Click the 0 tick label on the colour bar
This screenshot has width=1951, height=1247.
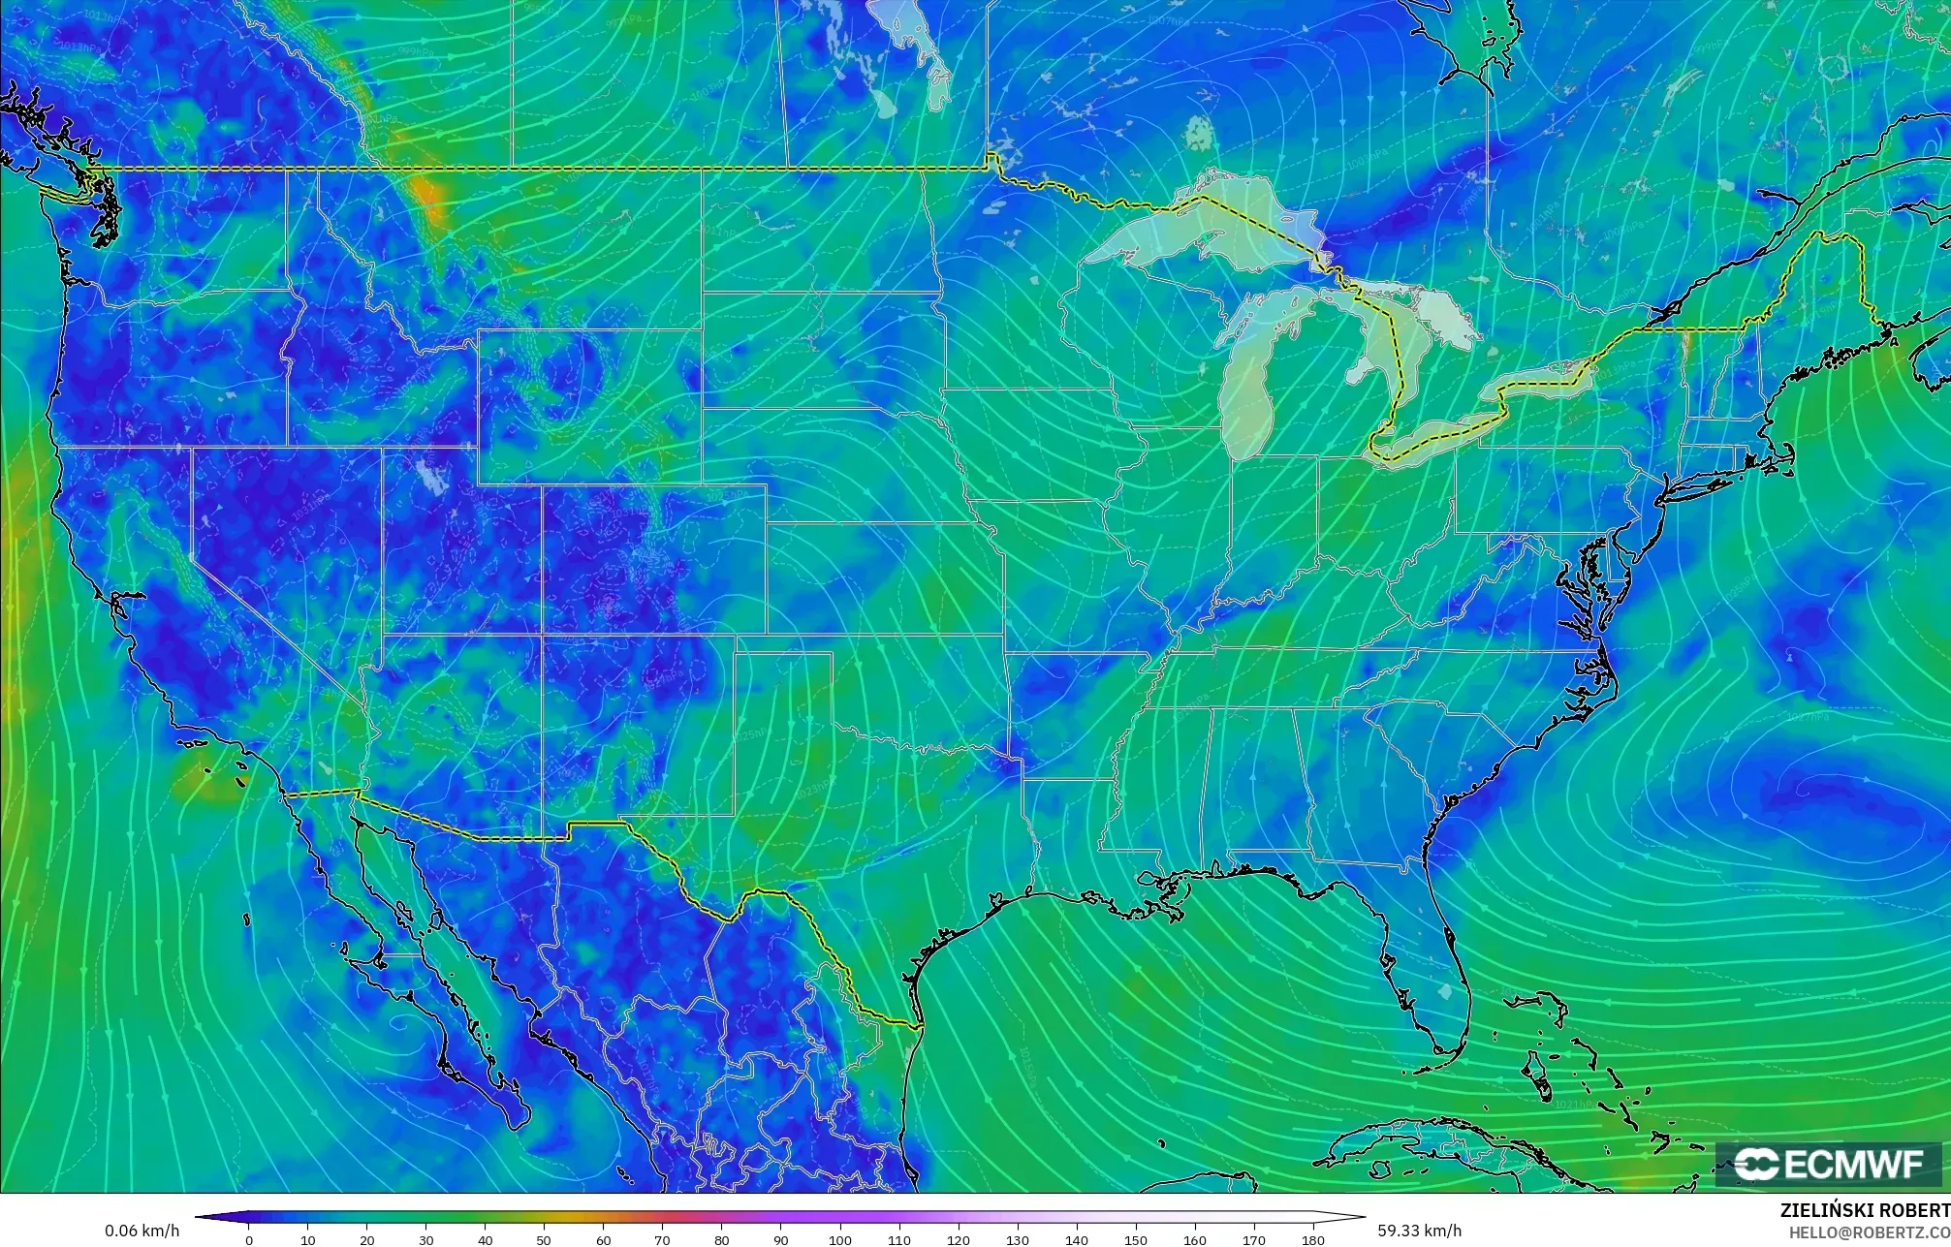249,1239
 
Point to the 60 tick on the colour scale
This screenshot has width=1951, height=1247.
604,1239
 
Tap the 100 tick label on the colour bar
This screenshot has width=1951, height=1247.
840,1239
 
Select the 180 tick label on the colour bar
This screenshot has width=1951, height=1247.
1313,1239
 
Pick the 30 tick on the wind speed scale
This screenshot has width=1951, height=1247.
426,1239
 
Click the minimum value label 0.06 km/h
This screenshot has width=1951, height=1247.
142,1231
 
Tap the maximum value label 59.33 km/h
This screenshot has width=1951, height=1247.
1419,1231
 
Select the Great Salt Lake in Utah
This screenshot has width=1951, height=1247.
427,474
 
